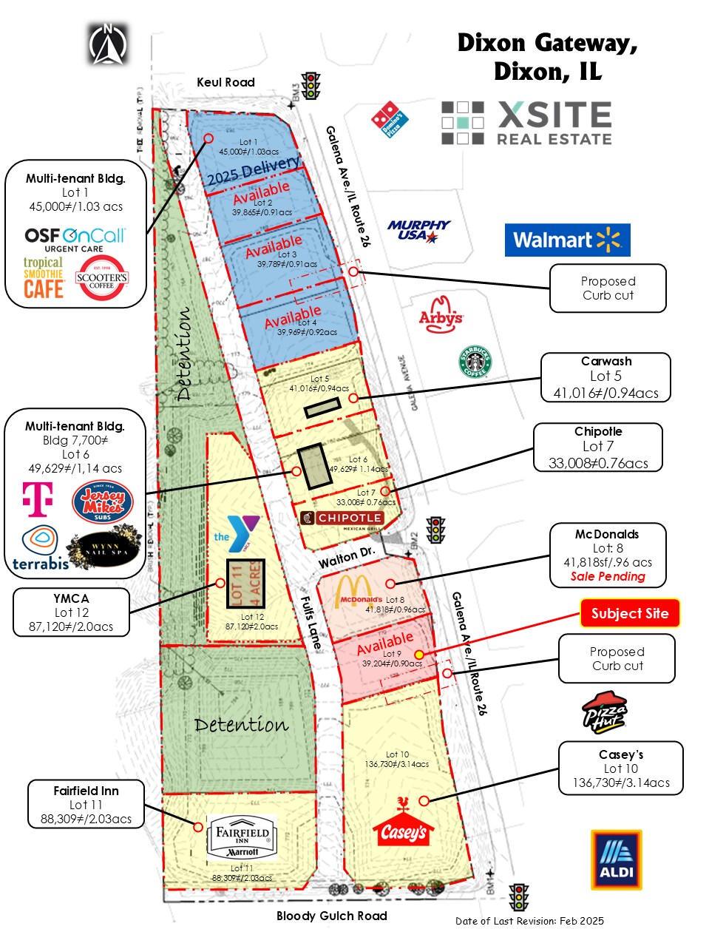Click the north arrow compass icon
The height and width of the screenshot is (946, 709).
click(108, 44)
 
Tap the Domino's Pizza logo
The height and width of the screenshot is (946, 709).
click(390, 119)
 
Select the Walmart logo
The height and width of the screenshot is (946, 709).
click(567, 240)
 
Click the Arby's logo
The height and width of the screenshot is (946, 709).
click(441, 314)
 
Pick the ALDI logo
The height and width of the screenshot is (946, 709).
click(616, 859)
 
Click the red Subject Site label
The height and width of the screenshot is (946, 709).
click(629, 613)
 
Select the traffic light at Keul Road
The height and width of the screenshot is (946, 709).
click(311, 86)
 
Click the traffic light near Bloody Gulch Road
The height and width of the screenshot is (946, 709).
click(519, 897)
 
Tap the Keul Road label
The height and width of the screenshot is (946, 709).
click(225, 82)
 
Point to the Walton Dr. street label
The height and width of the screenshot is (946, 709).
click(347, 558)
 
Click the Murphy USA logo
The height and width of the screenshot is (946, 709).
click(418, 230)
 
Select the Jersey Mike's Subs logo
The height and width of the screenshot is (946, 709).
click(102, 502)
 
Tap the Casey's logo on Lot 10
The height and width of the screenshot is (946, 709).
click(403, 826)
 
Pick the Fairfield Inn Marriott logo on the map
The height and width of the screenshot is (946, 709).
click(242, 837)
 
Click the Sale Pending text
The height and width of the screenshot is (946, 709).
click(608, 576)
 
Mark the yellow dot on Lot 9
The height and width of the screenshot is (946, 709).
click(419, 655)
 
